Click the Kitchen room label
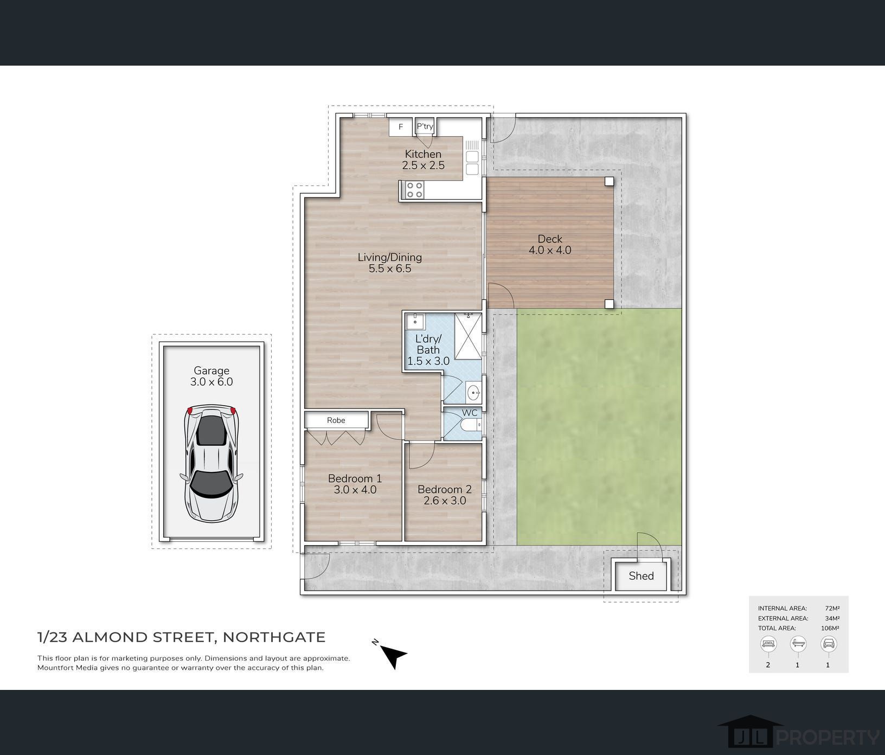pos(423,154)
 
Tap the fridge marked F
pos(401,127)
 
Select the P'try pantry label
pos(425,126)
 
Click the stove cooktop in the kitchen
pos(415,190)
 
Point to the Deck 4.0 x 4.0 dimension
pos(550,250)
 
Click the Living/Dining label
pos(389,257)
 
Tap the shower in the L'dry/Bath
pos(467,336)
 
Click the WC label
pos(470,413)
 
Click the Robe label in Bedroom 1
pos(336,420)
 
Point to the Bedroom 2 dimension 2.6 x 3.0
pos(445,501)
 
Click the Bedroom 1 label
pos(355,478)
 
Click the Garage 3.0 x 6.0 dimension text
pos(211,382)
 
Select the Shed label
pos(641,576)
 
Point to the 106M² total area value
pos(830,628)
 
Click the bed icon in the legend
pos(768,644)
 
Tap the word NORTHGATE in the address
pos(274,637)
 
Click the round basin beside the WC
pos(473,391)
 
